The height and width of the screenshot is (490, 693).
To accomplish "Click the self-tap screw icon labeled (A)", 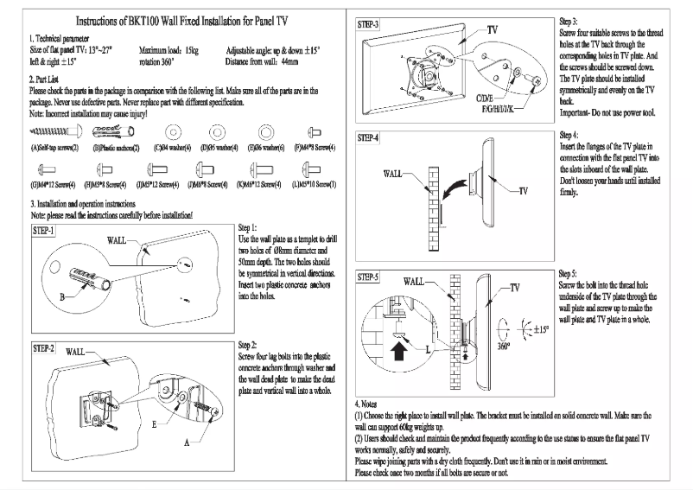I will [x=53, y=131].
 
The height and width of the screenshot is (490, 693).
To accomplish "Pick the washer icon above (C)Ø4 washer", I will [x=170, y=131].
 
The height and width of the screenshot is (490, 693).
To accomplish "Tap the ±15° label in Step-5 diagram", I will [x=542, y=328].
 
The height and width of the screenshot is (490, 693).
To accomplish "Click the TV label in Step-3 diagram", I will [x=493, y=29].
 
